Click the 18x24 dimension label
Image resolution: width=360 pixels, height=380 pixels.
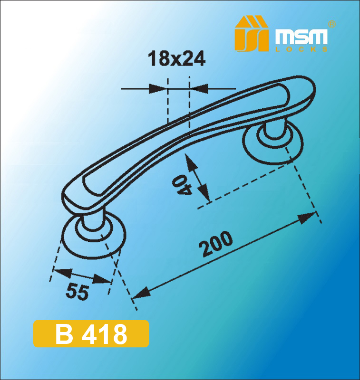point(176,58)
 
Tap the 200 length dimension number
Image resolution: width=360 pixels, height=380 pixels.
point(215,244)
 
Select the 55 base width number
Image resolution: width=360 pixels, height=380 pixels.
point(77,292)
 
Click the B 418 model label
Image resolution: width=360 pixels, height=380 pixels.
point(91,334)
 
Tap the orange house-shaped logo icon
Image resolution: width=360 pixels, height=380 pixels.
point(252,34)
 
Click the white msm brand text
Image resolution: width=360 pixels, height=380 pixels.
point(302,37)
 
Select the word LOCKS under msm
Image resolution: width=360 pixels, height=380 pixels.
point(302,49)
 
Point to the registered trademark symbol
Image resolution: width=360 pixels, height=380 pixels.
point(331,24)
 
